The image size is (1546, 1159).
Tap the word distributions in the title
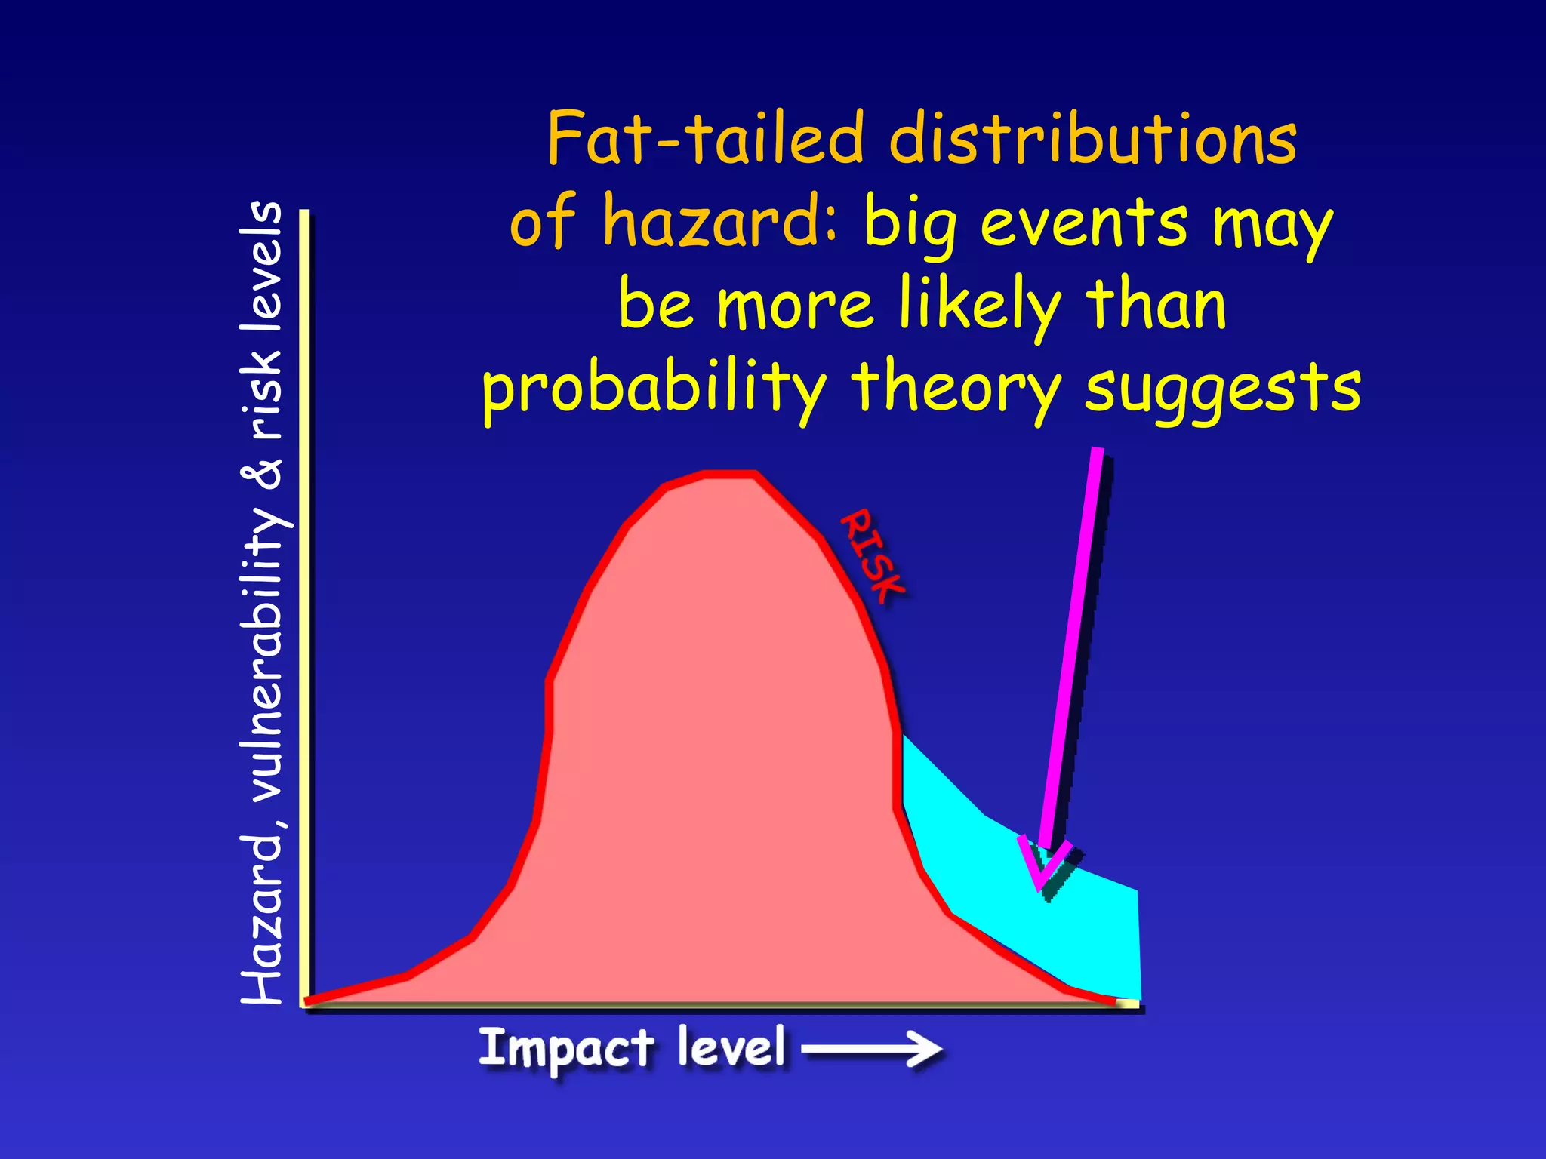pos(1093,139)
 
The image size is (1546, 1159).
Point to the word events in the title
pos(1083,223)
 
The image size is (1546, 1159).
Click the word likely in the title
pos(980,306)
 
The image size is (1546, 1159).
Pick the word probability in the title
pos(654,389)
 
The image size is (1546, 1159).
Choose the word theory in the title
pos(956,389)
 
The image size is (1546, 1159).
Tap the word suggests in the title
pos(1222,389)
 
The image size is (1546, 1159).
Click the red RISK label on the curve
pos(873,556)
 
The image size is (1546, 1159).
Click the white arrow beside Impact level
pos(872,1049)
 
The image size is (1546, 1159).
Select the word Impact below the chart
pos(566,1049)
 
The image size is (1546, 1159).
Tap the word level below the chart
pos(731,1047)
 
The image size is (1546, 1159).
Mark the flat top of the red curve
pos(729,475)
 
